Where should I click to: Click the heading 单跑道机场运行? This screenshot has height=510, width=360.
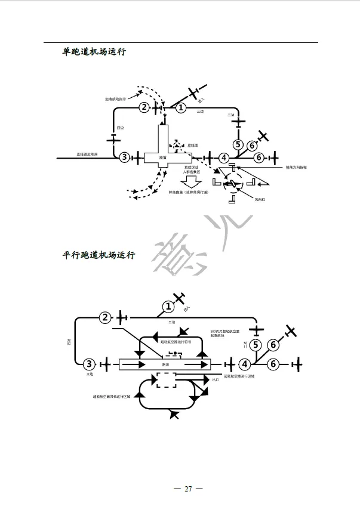click(x=94, y=52)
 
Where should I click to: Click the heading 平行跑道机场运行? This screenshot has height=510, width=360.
click(x=99, y=255)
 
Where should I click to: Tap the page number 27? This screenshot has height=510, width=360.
click(x=188, y=489)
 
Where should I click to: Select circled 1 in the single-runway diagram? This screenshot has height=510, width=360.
click(x=181, y=108)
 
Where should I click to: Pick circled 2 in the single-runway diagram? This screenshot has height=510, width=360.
click(x=144, y=107)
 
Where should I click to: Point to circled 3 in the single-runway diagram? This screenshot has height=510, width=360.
click(x=124, y=157)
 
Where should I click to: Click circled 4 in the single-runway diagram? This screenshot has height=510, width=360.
click(x=223, y=158)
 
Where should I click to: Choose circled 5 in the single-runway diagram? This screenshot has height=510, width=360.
click(x=238, y=144)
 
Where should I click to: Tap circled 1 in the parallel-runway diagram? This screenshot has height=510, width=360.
click(x=169, y=307)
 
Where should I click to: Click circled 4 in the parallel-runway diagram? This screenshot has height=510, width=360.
click(x=244, y=364)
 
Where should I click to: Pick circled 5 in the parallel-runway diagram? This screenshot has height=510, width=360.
click(x=256, y=345)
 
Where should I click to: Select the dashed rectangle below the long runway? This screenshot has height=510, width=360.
click(x=166, y=380)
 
